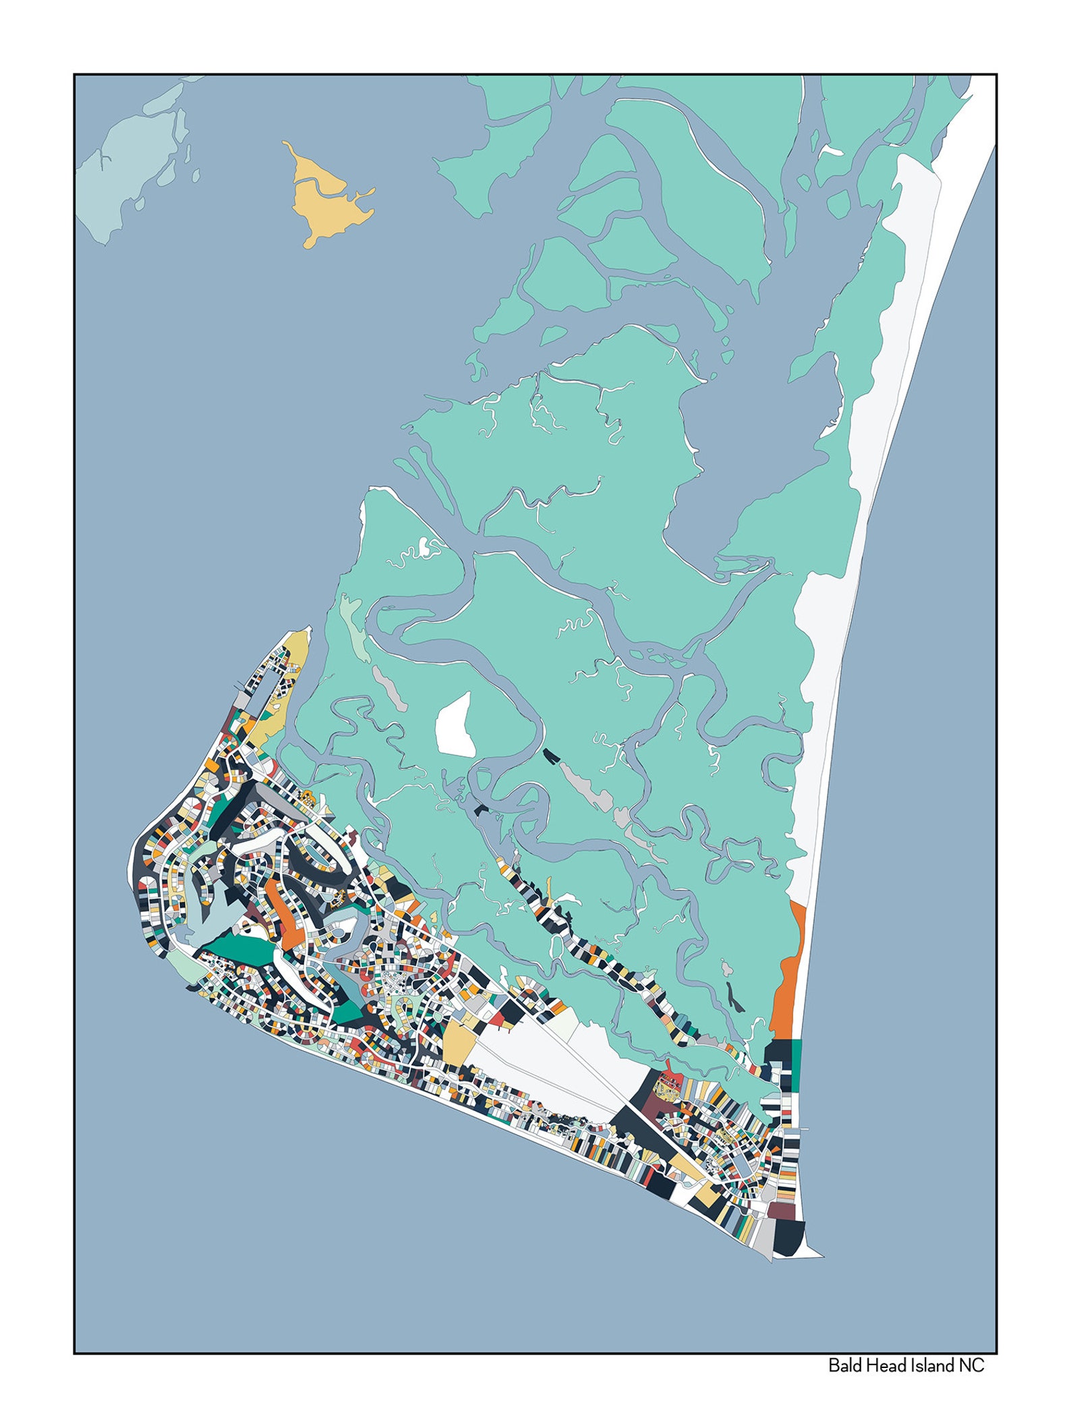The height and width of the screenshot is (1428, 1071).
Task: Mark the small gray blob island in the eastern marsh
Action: point(726,969)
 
